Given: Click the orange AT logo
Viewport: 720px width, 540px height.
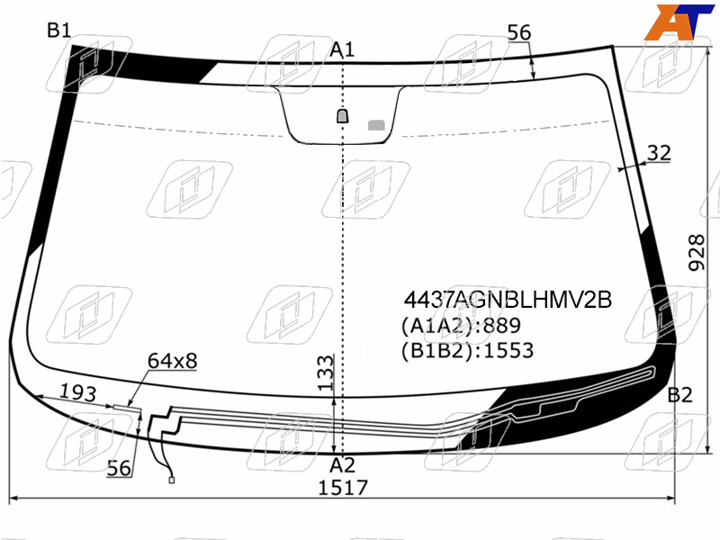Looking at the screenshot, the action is pyautogui.click(x=679, y=22).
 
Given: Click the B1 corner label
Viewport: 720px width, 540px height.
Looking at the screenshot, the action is pyautogui.click(x=59, y=31).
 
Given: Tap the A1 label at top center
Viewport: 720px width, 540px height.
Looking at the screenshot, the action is pyautogui.click(x=342, y=49).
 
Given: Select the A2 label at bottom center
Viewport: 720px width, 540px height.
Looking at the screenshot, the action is pyautogui.click(x=342, y=465).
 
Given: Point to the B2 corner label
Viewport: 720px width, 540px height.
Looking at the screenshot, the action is pyautogui.click(x=679, y=395).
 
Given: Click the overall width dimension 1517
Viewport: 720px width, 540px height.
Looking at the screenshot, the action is pyautogui.click(x=343, y=488).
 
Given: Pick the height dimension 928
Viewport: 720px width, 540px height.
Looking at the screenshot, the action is pyautogui.click(x=697, y=253).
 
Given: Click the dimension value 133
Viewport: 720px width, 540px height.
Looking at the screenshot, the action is pyautogui.click(x=325, y=373).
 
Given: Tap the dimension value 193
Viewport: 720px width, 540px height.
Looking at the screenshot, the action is pyautogui.click(x=78, y=392).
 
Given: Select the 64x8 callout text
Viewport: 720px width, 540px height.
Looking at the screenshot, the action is pyautogui.click(x=172, y=361).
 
